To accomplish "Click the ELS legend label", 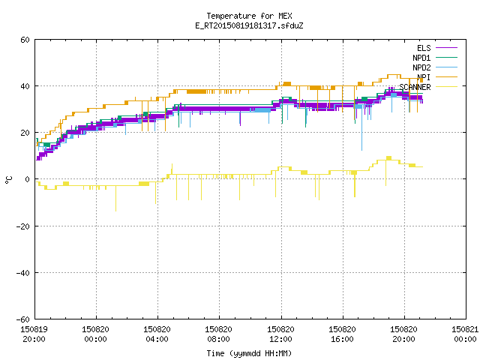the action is point(424,48).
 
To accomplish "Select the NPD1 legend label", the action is point(421,58).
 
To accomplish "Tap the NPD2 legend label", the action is point(421,67).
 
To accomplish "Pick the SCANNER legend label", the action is point(415,87).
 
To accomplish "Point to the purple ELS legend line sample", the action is point(446,48).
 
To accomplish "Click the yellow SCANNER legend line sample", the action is point(446,87).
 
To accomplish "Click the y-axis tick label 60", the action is point(25,40).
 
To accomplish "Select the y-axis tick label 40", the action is point(25,86).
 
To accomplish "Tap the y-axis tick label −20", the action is point(23,226).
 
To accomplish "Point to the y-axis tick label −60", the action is point(23,319).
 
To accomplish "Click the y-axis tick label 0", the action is point(28,179).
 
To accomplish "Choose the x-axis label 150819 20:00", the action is point(34,334).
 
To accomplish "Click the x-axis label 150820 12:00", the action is point(280,334).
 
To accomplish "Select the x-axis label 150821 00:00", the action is point(465,334).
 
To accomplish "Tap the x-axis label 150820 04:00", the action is point(157,334).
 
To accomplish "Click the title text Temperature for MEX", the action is point(249,16).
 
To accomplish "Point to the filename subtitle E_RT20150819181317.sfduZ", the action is point(249,25).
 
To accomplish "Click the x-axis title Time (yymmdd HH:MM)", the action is point(249,353).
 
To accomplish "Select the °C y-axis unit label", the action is point(9,180).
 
